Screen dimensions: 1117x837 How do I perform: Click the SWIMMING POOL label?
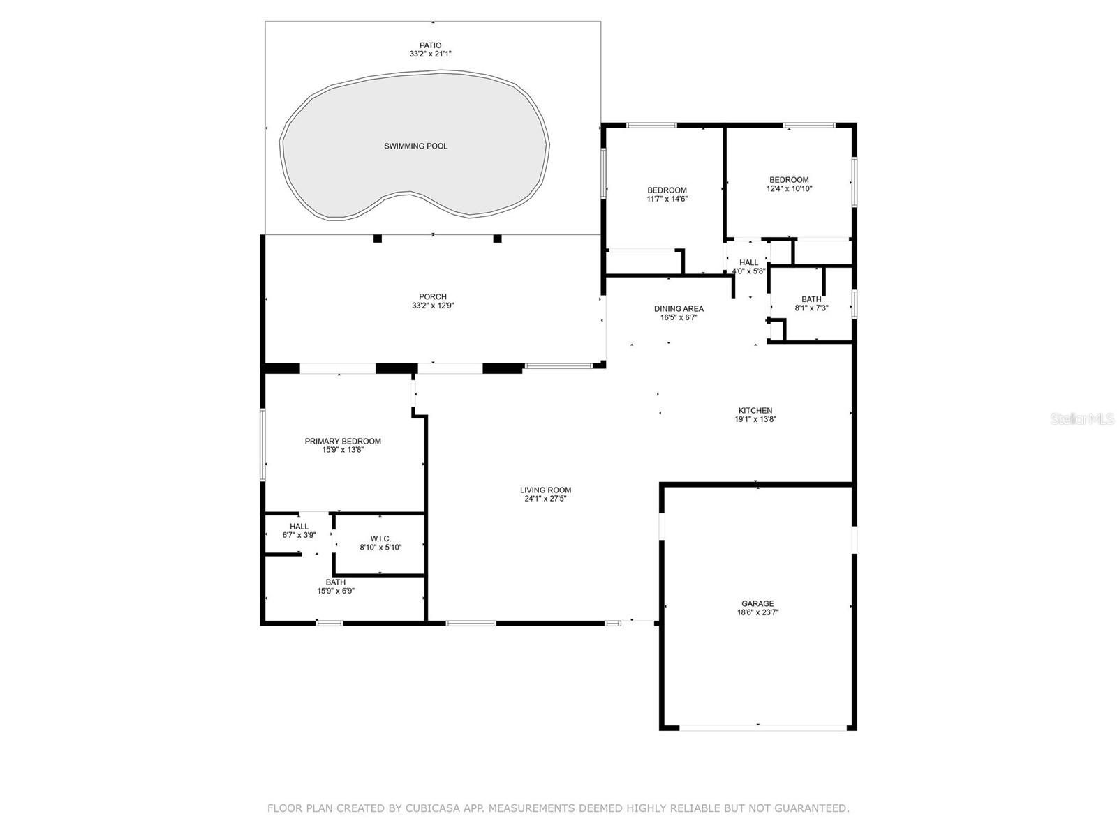415,146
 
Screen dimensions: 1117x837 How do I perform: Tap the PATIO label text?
431,45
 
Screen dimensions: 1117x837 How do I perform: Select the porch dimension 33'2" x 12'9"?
433,306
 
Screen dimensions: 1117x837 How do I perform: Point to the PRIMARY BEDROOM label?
343,441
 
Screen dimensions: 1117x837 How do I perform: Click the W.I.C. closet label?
380,538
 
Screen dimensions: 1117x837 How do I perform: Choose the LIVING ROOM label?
545,490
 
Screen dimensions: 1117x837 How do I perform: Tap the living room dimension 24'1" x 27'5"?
545,499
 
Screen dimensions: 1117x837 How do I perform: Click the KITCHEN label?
755,411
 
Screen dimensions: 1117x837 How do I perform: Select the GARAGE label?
757,604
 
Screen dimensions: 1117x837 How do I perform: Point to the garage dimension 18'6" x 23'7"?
757,612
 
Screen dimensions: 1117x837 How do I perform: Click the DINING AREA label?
679,308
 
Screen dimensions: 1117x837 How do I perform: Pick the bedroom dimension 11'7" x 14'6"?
667,199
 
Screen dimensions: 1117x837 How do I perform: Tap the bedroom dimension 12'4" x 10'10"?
790,188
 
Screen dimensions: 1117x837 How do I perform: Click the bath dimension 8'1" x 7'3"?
811,308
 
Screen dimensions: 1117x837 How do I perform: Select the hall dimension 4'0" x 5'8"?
748,271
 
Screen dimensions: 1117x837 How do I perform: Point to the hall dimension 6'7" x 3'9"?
299,535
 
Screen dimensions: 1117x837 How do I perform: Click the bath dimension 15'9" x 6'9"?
336,591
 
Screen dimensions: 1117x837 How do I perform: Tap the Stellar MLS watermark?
1081,419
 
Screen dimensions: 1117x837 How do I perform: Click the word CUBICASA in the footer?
428,808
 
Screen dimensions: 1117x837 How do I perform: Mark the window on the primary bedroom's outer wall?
262,445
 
